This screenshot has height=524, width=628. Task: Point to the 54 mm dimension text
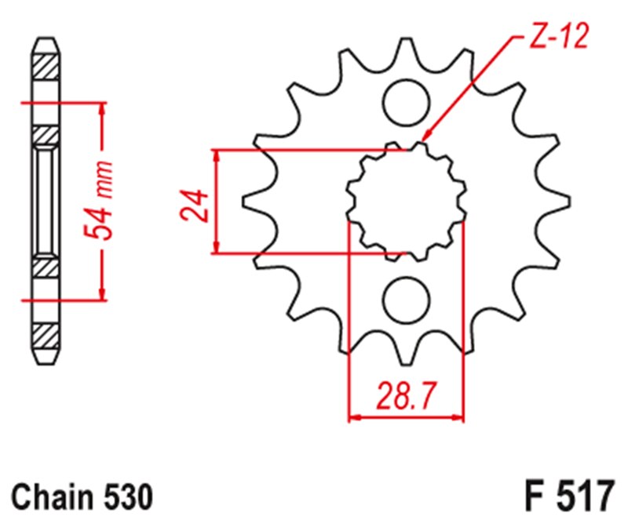click(100, 201)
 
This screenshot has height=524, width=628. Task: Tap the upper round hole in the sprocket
click(407, 100)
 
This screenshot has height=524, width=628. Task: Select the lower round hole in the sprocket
click(407, 300)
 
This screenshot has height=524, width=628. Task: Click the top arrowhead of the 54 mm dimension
click(100, 109)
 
